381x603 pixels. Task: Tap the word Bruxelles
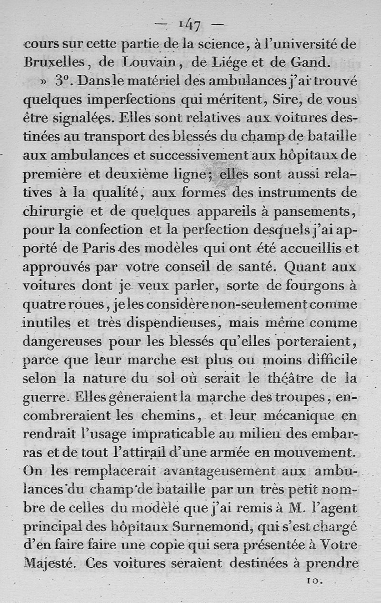click(54, 62)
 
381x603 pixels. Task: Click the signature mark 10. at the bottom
click(315, 581)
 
